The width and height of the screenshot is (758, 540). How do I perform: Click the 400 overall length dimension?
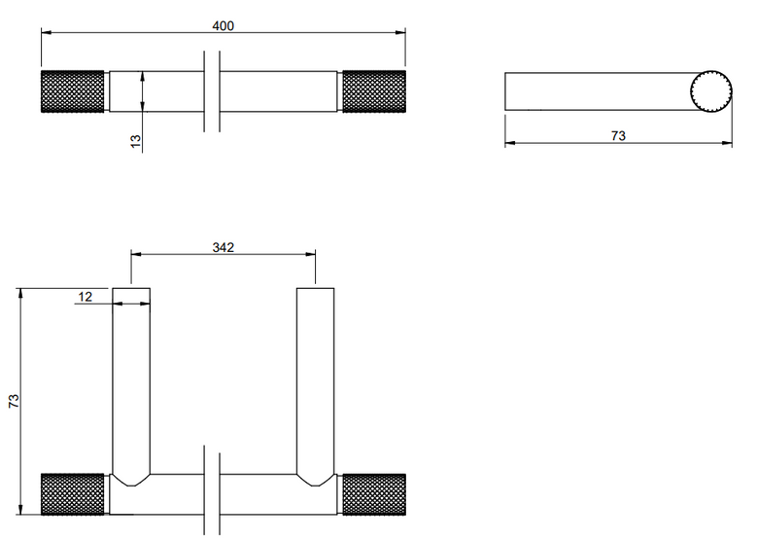[x=223, y=25]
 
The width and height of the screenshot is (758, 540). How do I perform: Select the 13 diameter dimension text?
[x=135, y=141]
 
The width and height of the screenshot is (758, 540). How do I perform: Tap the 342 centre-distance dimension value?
[x=223, y=247]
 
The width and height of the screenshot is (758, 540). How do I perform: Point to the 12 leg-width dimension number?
[x=86, y=297]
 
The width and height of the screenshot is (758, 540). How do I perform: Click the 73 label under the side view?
[x=618, y=136]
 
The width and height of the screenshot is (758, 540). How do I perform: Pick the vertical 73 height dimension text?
[x=14, y=401]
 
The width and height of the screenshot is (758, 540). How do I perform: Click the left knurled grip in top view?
[x=73, y=91]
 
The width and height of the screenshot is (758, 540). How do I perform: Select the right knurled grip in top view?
[x=374, y=91]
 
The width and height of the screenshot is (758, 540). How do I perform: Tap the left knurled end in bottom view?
[x=73, y=494]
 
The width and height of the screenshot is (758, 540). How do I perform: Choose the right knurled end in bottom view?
[x=374, y=494]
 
